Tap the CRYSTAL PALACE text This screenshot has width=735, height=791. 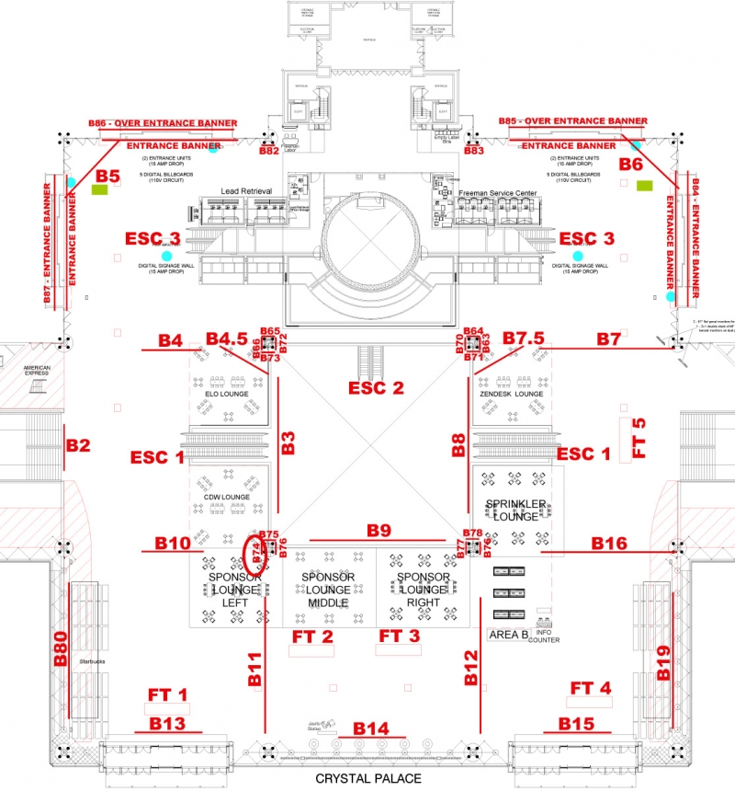[x=367, y=778]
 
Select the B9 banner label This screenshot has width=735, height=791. [x=379, y=531]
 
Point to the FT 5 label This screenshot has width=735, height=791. [x=640, y=438]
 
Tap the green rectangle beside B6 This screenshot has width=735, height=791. [x=645, y=186]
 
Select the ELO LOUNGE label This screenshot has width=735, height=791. [x=228, y=394]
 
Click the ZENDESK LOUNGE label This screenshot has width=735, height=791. [x=512, y=394]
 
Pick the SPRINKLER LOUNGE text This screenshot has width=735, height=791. [x=516, y=509]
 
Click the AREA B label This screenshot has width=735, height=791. [x=507, y=635]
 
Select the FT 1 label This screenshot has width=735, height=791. [x=168, y=694]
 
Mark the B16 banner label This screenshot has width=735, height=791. [x=608, y=544]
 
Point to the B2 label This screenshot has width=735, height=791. [x=78, y=446]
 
